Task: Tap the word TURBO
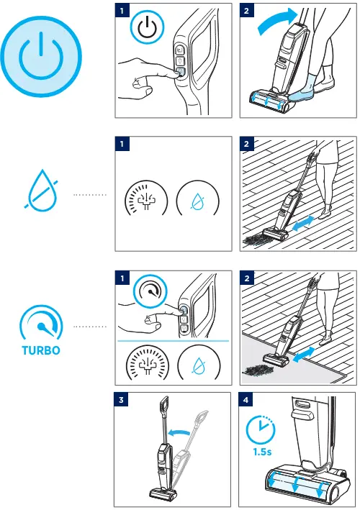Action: (x=41, y=350)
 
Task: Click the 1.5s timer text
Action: (x=262, y=452)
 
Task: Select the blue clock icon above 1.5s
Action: (x=261, y=429)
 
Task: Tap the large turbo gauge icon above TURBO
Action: (x=41, y=323)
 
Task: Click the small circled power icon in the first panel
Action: (x=148, y=27)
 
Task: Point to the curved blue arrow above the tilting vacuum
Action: (x=278, y=20)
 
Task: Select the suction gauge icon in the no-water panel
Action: (x=146, y=197)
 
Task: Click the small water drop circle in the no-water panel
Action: (x=197, y=197)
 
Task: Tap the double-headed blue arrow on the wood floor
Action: (x=303, y=224)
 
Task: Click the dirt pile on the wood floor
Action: (x=254, y=240)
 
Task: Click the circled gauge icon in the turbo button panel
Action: (x=150, y=291)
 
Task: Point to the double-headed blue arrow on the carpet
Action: (x=304, y=355)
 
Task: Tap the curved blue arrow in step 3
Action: (x=179, y=432)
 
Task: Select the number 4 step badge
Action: (x=246, y=399)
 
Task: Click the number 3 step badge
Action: (x=121, y=399)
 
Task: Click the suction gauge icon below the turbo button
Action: (x=148, y=363)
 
